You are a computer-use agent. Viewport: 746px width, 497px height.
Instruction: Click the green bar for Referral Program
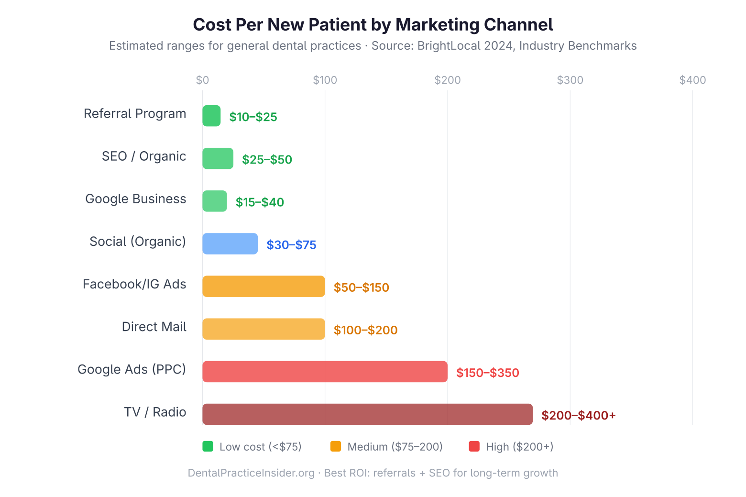point(211,116)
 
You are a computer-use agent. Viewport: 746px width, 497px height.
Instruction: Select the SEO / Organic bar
point(218,158)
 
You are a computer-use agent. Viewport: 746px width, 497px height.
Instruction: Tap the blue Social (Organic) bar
point(230,244)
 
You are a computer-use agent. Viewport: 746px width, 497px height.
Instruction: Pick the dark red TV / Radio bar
point(367,414)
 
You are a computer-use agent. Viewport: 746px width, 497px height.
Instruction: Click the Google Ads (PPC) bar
point(325,372)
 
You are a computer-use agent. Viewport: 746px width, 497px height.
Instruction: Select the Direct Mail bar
point(263,329)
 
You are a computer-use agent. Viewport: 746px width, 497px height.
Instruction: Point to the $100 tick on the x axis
point(325,80)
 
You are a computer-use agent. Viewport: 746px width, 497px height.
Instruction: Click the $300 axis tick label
point(570,80)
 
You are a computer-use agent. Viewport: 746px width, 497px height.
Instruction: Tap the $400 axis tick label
point(692,80)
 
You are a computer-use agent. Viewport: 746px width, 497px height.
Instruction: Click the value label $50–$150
point(361,287)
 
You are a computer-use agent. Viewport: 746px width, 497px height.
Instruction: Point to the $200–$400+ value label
point(578,415)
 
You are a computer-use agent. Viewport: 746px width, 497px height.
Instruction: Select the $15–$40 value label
point(260,202)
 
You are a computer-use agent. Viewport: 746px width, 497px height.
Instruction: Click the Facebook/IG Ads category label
point(134,284)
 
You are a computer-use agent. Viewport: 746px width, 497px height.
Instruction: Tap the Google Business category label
point(135,199)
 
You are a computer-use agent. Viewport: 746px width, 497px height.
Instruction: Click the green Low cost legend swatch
point(208,446)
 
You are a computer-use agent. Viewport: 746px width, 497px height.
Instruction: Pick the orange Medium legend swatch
point(336,446)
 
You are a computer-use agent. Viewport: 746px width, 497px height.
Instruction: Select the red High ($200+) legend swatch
point(474,446)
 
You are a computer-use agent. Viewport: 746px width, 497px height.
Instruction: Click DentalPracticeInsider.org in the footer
point(251,473)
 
